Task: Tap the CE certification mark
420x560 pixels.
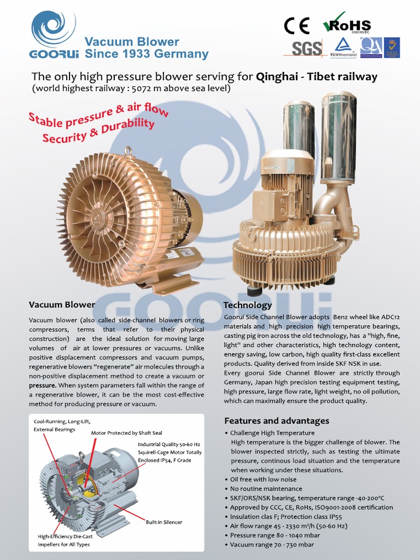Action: point(296,26)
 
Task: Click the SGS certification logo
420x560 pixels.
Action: point(306,49)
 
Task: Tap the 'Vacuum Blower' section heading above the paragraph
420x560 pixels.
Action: point(62,305)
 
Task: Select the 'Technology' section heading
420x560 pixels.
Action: point(248,305)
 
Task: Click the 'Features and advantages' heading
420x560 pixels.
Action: point(277,421)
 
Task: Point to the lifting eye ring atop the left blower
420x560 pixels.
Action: point(129,151)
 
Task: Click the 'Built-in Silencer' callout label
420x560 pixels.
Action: point(164,522)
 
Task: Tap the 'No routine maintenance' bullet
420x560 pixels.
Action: point(266,488)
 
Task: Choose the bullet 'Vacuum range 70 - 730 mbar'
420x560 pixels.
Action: point(272,544)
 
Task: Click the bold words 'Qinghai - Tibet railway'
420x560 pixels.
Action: point(317,77)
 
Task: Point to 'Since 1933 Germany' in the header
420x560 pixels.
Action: point(147,54)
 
